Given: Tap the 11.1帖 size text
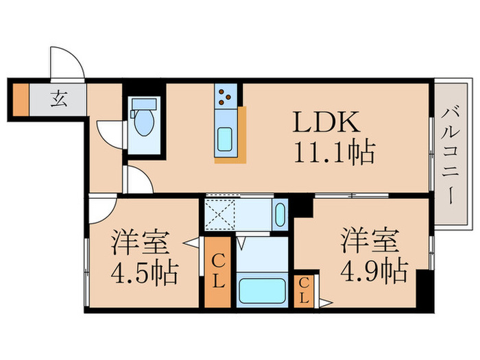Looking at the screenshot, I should click(x=334, y=152).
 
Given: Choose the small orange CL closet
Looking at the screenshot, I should click(x=302, y=291).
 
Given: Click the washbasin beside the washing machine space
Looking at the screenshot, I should click(x=280, y=216).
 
